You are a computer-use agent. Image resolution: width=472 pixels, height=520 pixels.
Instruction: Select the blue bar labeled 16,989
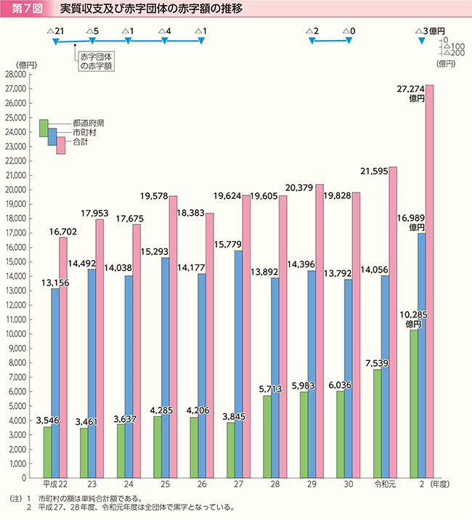point(421,356)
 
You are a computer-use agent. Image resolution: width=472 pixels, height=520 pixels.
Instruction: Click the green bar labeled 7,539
point(377,424)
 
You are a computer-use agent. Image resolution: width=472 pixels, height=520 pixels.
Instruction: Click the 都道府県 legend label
point(89,123)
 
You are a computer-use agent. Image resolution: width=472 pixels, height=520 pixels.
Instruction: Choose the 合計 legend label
point(81,143)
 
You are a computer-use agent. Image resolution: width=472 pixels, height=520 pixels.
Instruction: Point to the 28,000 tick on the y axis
point(15,75)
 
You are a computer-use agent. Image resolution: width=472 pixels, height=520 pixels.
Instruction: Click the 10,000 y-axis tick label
point(15,334)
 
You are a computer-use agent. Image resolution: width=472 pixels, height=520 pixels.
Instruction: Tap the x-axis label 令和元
point(384,485)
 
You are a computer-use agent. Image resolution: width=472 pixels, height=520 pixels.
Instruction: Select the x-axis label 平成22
point(56,485)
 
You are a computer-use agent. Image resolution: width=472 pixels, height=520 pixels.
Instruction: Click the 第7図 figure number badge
point(25,10)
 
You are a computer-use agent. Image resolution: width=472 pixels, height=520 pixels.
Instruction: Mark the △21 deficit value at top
point(55,31)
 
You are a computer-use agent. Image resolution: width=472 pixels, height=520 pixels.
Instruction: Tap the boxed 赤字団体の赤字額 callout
point(97,60)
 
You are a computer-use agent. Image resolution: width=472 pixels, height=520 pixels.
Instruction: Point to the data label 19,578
point(155,196)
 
